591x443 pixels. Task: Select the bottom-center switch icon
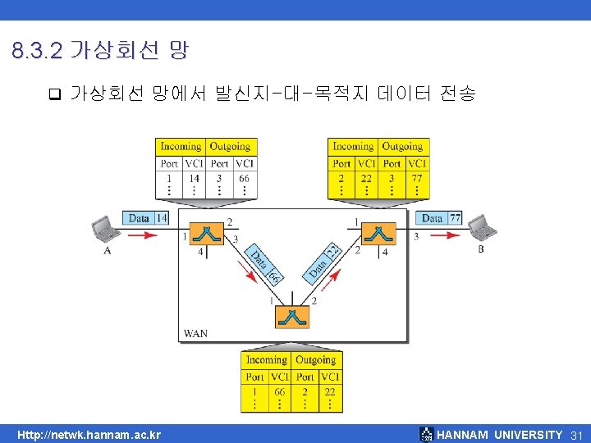coord(292,317)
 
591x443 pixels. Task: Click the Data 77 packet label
coord(441,218)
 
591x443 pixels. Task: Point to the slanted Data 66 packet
coord(263,267)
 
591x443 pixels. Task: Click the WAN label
coord(195,333)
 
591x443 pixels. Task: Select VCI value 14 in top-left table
coord(194,178)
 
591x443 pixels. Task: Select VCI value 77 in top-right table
coord(416,178)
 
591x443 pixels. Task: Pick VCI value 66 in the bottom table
coord(280,391)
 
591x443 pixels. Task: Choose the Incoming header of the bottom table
coord(267,360)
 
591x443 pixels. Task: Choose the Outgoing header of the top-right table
coord(402,147)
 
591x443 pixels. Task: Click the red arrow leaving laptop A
coord(140,235)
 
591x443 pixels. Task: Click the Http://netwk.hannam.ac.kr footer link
coord(89,435)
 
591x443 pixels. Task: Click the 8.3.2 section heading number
coord(37,52)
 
